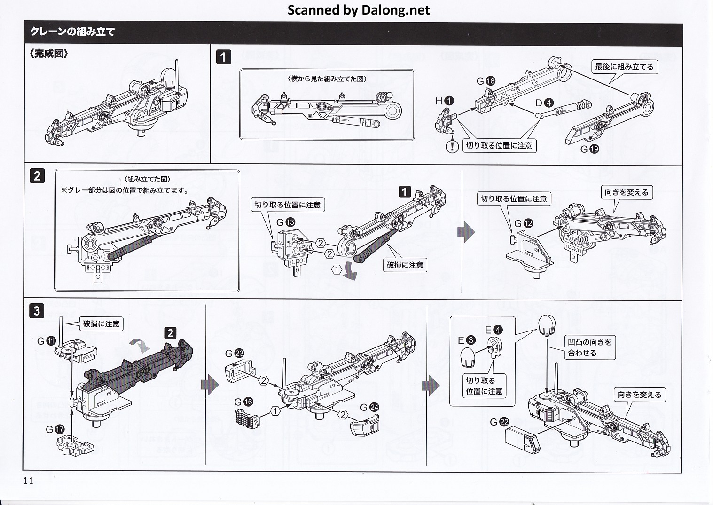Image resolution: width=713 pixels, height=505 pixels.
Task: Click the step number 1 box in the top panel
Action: (x=223, y=57)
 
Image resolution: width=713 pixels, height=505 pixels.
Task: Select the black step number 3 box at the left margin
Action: (x=37, y=310)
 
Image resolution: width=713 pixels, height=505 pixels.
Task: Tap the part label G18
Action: (x=486, y=81)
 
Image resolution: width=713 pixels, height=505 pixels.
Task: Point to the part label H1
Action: (x=445, y=101)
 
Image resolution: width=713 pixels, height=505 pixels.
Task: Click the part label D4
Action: (x=544, y=103)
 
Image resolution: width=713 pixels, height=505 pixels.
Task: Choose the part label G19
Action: (x=589, y=149)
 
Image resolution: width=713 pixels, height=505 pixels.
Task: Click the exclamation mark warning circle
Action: (x=452, y=146)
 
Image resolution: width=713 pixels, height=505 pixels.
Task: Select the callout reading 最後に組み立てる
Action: (x=624, y=67)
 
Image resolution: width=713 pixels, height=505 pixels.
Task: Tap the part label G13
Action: (x=285, y=222)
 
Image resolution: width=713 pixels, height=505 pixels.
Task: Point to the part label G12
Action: (x=524, y=223)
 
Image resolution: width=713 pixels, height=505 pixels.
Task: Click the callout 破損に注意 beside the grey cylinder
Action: (x=405, y=265)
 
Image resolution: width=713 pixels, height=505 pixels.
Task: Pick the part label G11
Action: (x=47, y=341)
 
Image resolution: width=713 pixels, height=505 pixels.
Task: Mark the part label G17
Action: (x=55, y=429)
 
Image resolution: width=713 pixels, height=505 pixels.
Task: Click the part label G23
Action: (x=235, y=353)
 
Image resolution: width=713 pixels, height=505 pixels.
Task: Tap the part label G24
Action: (x=369, y=407)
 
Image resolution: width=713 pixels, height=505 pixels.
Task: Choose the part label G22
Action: (x=499, y=422)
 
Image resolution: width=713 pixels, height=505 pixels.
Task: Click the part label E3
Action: (x=466, y=340)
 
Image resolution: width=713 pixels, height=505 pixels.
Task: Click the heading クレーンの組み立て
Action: (x=72, y=32)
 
